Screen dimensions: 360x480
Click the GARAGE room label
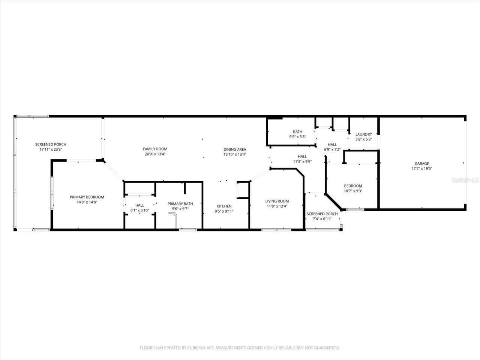coord(421,163)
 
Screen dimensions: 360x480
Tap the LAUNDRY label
coord(363,134)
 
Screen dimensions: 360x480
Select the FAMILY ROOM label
coord(155,149)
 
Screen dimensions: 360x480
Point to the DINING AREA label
coord(235,149)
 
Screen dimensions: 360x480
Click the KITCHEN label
coord(224,206)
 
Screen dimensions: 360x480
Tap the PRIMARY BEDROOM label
coord(87,197)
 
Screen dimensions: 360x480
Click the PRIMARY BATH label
coord(180,204)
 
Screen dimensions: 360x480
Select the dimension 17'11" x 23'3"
coord(51,149)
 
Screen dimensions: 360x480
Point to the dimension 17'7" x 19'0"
coord(421,169)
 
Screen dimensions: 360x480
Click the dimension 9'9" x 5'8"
coord(297,137)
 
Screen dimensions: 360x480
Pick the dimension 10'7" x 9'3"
coord(353,191)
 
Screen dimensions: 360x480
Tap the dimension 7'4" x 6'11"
coord(322,219)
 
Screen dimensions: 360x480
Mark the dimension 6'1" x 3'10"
coord(139,210)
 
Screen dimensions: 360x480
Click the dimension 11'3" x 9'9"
coord(302,162)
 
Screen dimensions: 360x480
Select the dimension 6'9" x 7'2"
coord(332,149)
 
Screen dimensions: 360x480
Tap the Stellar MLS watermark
coord(465,180)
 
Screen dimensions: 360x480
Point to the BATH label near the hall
coord(297,132)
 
